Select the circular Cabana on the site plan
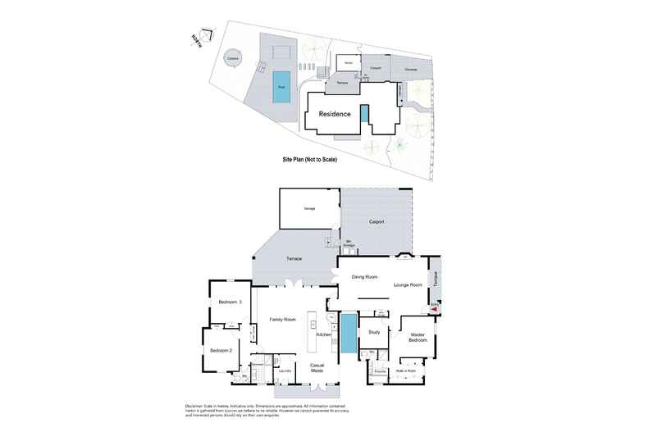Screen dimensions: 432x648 point(233,58)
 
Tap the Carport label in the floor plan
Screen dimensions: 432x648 point(377,221)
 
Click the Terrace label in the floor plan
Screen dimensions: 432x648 point(294,258)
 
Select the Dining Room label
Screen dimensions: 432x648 point(364,277)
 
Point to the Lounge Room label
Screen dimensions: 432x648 point(408,284)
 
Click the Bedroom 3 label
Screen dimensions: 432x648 point(230,302)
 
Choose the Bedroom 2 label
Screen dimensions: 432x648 point(221,350)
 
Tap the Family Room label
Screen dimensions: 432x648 point(283,320)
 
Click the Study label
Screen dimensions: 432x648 point(374,332)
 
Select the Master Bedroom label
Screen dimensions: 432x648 point(418,336)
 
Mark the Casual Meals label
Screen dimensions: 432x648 point(317,367)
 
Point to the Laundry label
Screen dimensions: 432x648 point(285,371)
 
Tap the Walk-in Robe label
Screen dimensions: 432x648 point(407,371)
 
